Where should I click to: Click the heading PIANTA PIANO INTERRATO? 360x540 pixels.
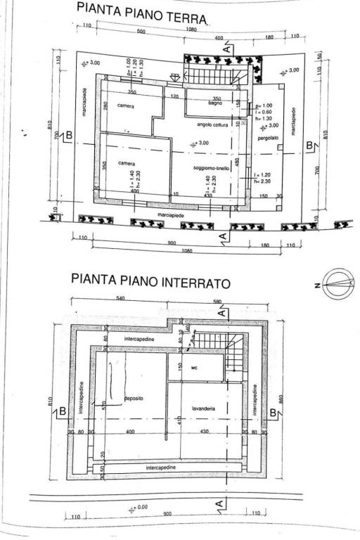pos(150,278)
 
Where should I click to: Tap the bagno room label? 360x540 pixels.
pos(215,103)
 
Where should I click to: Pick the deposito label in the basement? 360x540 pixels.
pos(134,398)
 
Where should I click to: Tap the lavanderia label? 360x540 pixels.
pos(202,408)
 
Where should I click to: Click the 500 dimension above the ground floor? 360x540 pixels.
pos(141,32)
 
